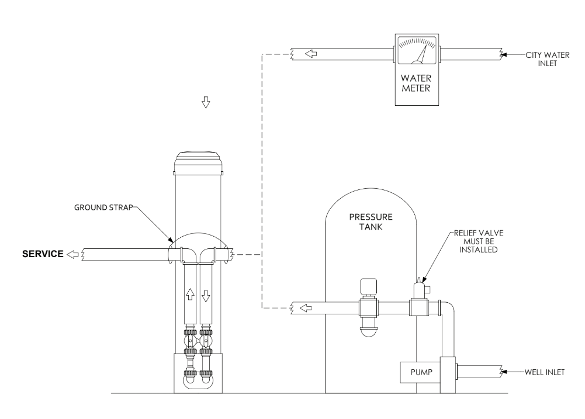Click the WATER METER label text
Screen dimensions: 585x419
coord(416,83)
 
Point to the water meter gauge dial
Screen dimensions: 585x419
coord(417,50)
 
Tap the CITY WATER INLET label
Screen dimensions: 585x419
coord(548,60)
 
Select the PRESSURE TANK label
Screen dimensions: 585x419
coord(371,221)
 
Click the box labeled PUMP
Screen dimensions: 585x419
coord(420,372)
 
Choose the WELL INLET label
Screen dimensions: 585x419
coord(544,372)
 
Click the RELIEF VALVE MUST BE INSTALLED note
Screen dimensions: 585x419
coord(479,241)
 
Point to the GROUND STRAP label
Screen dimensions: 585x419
coord(103,207)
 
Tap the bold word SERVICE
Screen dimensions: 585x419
coord(43,254)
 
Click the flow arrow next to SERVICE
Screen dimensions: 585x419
coord(72,254)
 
